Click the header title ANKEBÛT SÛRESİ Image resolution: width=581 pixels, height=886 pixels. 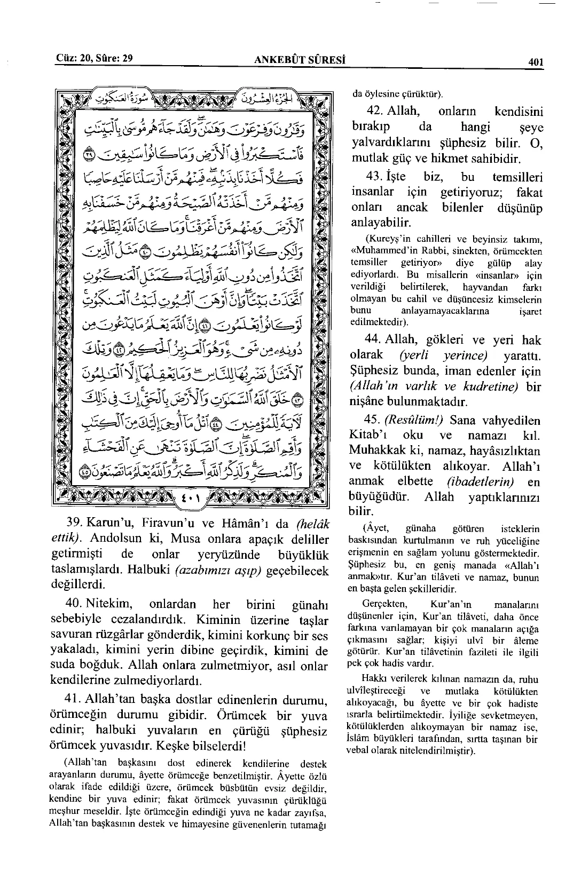click(301, 59)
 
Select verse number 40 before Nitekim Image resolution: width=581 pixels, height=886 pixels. click(73, 605)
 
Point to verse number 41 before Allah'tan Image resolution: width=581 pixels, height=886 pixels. click(73, 699)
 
